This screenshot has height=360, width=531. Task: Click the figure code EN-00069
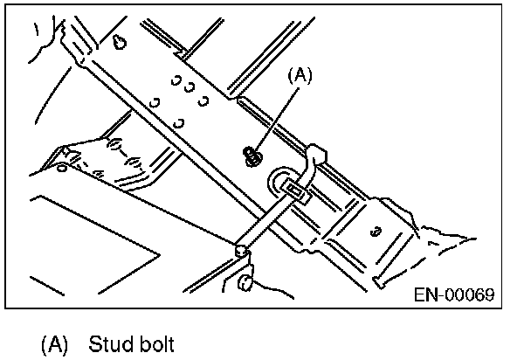pos(453,294)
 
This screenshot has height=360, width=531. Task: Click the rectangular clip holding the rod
pos(294,191)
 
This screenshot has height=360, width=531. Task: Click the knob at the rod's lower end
pos(240,251)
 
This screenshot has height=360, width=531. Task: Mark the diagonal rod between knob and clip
pos(266,221)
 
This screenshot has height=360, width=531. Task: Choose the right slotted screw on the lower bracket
pos(136,161)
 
